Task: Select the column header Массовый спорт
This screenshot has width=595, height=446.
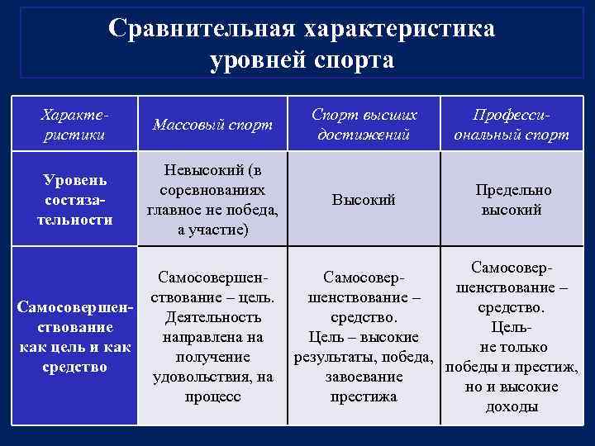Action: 213,126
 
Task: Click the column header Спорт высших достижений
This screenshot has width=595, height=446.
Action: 364,126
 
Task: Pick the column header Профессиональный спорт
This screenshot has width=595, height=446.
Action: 511,126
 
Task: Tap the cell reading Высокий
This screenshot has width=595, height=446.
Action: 364,200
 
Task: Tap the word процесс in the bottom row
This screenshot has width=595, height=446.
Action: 213,396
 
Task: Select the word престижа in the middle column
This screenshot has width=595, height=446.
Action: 364,396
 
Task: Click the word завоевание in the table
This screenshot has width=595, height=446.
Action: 364,377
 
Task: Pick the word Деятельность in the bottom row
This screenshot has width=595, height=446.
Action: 213,317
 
